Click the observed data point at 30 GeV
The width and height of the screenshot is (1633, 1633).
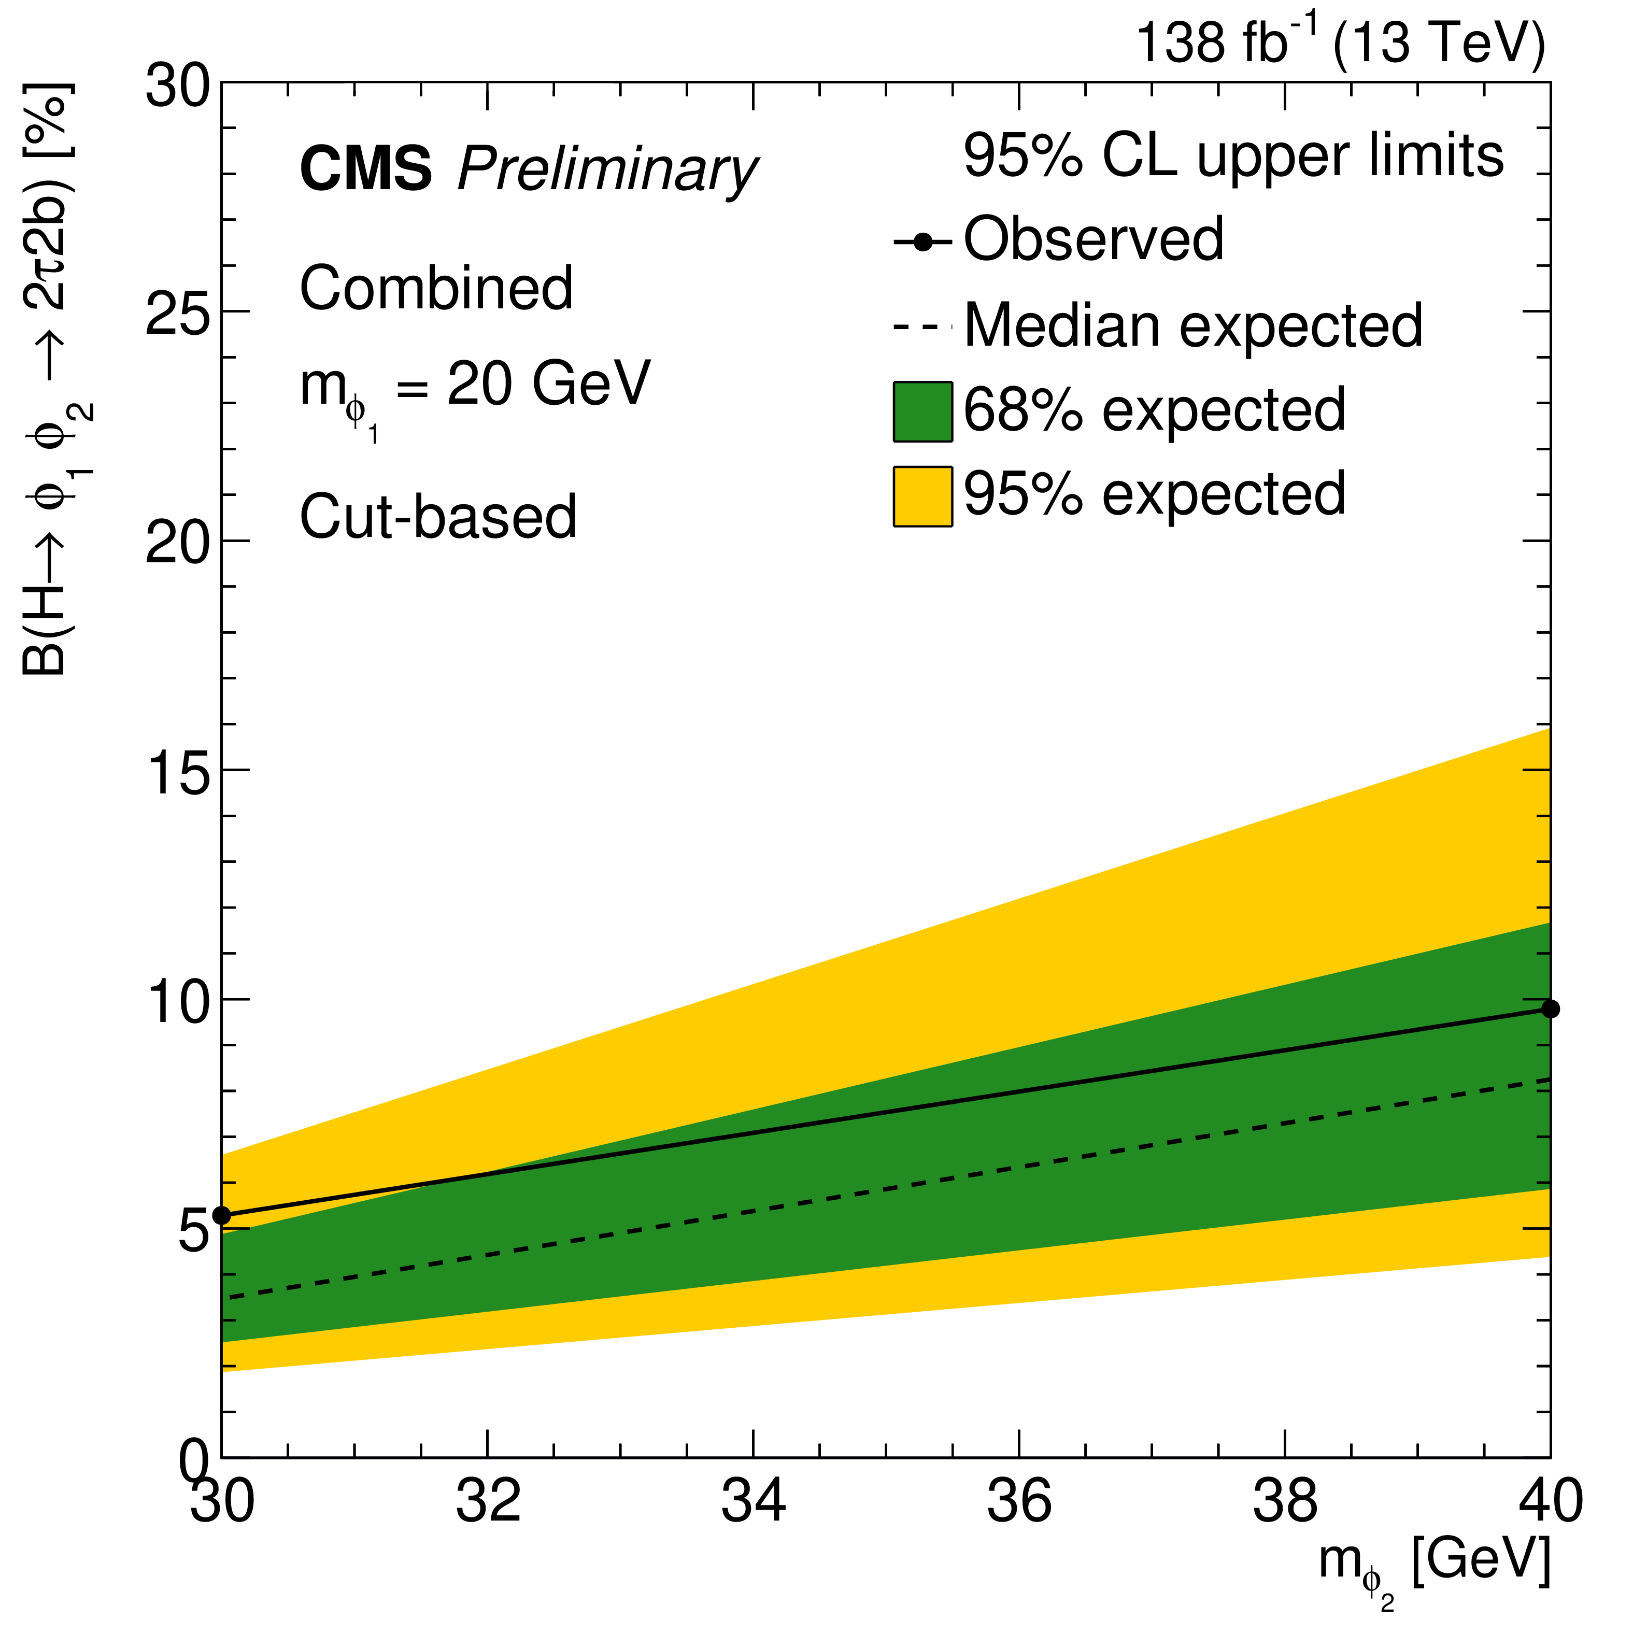pyautogui.click(x=221, y=1215)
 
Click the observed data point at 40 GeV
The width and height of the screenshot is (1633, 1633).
pyautogui.click(x=1550, y=1009)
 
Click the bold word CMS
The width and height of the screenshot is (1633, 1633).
pyautogui.click(x=366, y=169)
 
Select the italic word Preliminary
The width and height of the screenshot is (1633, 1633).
pyautogui.click(x=607, y=171)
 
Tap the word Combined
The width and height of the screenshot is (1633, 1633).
pyautogui.click(x=436, y=288)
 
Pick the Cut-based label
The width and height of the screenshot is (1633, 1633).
pyautogui.click(x=438, y=517)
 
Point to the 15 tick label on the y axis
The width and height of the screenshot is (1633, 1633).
pyautogui.click(x=177, y=771)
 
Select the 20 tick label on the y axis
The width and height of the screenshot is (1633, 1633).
pyautogui.click(x=177, y=542)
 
